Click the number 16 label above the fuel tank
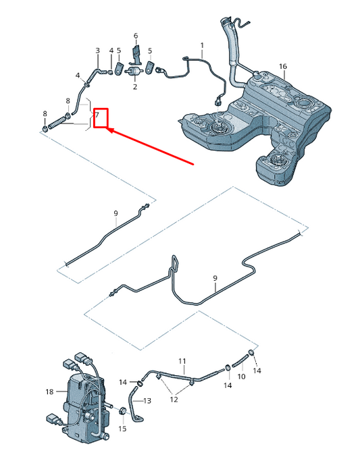point(283,66)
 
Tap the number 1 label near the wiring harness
point(201,45)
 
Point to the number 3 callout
point(97,51)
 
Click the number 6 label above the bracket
point(135,35)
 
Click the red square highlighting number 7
point(101,119)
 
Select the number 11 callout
point(181,362)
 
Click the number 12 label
point(174,400)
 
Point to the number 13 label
point(147,401)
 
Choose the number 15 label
point(122,429)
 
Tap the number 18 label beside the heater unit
point(49,391)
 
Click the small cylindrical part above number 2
point(135,71)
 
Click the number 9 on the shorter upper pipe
point(115,213)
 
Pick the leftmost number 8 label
point(45,113)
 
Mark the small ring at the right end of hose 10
point(251,353)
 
